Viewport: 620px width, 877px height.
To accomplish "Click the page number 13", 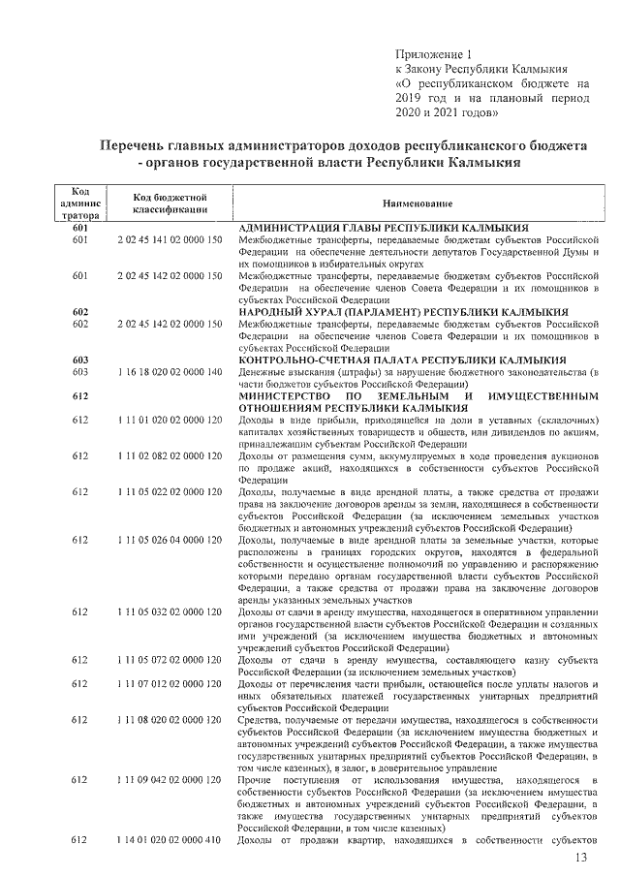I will tap(581, 859).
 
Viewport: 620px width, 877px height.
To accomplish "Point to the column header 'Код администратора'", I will tap(79, 204).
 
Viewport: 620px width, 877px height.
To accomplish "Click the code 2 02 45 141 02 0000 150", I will tap(170, 238).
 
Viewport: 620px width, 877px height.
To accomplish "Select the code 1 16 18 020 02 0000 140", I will tap(170, 371).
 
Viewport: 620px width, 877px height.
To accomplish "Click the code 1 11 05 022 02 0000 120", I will tap(170, 491).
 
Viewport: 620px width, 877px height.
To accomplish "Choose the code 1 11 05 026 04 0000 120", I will tap(170, 539).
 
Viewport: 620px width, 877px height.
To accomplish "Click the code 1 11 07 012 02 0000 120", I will tap(170, 683).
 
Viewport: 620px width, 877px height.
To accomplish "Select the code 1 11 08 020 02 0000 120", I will tap(170, 719).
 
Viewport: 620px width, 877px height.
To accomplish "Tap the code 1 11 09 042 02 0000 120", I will tap(170, 779).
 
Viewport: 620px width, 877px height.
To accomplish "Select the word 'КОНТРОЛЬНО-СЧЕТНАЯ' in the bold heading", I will tap(300, 360).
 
